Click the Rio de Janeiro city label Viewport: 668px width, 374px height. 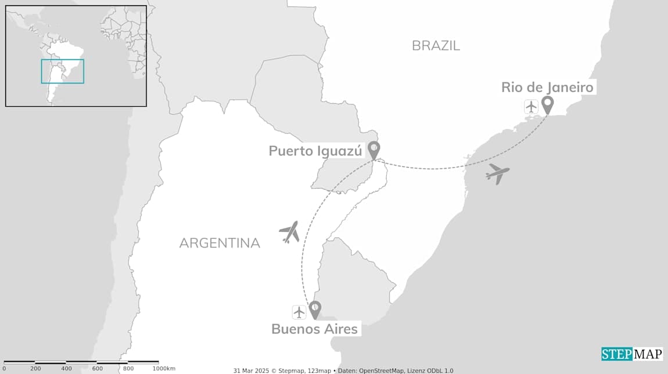547,88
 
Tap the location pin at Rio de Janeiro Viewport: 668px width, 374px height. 547,105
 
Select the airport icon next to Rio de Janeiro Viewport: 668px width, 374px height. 531,107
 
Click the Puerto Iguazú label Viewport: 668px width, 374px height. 315,151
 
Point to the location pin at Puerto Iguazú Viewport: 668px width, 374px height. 374,150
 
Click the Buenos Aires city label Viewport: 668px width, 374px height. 314,329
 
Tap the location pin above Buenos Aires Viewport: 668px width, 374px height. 315,309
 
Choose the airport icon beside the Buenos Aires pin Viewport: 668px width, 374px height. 299,312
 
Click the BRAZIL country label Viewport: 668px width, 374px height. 436,46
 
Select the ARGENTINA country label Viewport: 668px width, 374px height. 220,243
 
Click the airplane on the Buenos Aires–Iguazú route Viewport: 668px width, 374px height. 289,231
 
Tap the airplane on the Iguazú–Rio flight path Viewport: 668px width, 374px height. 497,173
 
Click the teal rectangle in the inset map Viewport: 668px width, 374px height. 62,71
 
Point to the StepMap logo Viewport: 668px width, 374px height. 631,354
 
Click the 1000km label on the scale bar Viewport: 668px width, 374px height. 164,369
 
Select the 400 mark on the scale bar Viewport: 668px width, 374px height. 66,369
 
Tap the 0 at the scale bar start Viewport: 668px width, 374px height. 4,369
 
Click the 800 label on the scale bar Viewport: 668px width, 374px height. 128,369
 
